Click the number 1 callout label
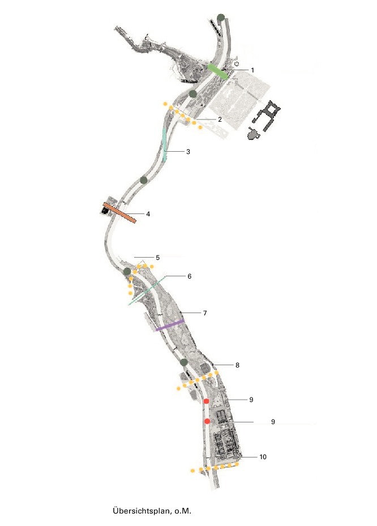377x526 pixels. [x=252, y=70]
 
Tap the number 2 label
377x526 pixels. [x=220, y=119]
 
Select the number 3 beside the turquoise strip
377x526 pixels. [x=188, y=152]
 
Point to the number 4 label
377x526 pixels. [x=148, y=213]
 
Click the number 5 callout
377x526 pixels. [x=157, y=258]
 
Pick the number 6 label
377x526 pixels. [x=190, y=276]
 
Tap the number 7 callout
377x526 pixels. [x=205, y=313]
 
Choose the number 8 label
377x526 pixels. [x=238, y=365]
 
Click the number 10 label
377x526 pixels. [x=263, y=457]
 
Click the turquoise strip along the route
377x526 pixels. [x=165, y=144]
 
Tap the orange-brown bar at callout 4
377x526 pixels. [x=119, y=213]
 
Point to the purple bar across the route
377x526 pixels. [x=170, y=325]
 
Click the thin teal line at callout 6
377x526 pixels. [x=147, y=290]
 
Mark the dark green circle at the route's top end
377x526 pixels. [x=221, y=18]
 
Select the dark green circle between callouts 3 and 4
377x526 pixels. [x=144, y=180]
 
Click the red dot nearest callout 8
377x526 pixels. [x=206, y=401]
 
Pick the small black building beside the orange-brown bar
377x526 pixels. [x=105, y=210]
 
